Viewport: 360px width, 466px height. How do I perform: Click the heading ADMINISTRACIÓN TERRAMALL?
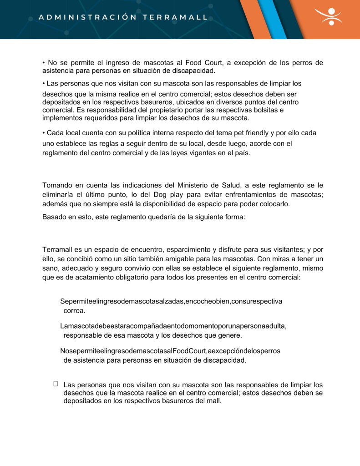point(123,18)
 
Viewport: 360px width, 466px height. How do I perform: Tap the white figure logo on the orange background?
point(331,16)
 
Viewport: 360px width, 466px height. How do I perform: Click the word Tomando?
point(57,185)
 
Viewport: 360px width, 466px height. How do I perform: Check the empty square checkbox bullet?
point(56,384)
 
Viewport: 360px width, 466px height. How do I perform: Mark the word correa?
point(75,311)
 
